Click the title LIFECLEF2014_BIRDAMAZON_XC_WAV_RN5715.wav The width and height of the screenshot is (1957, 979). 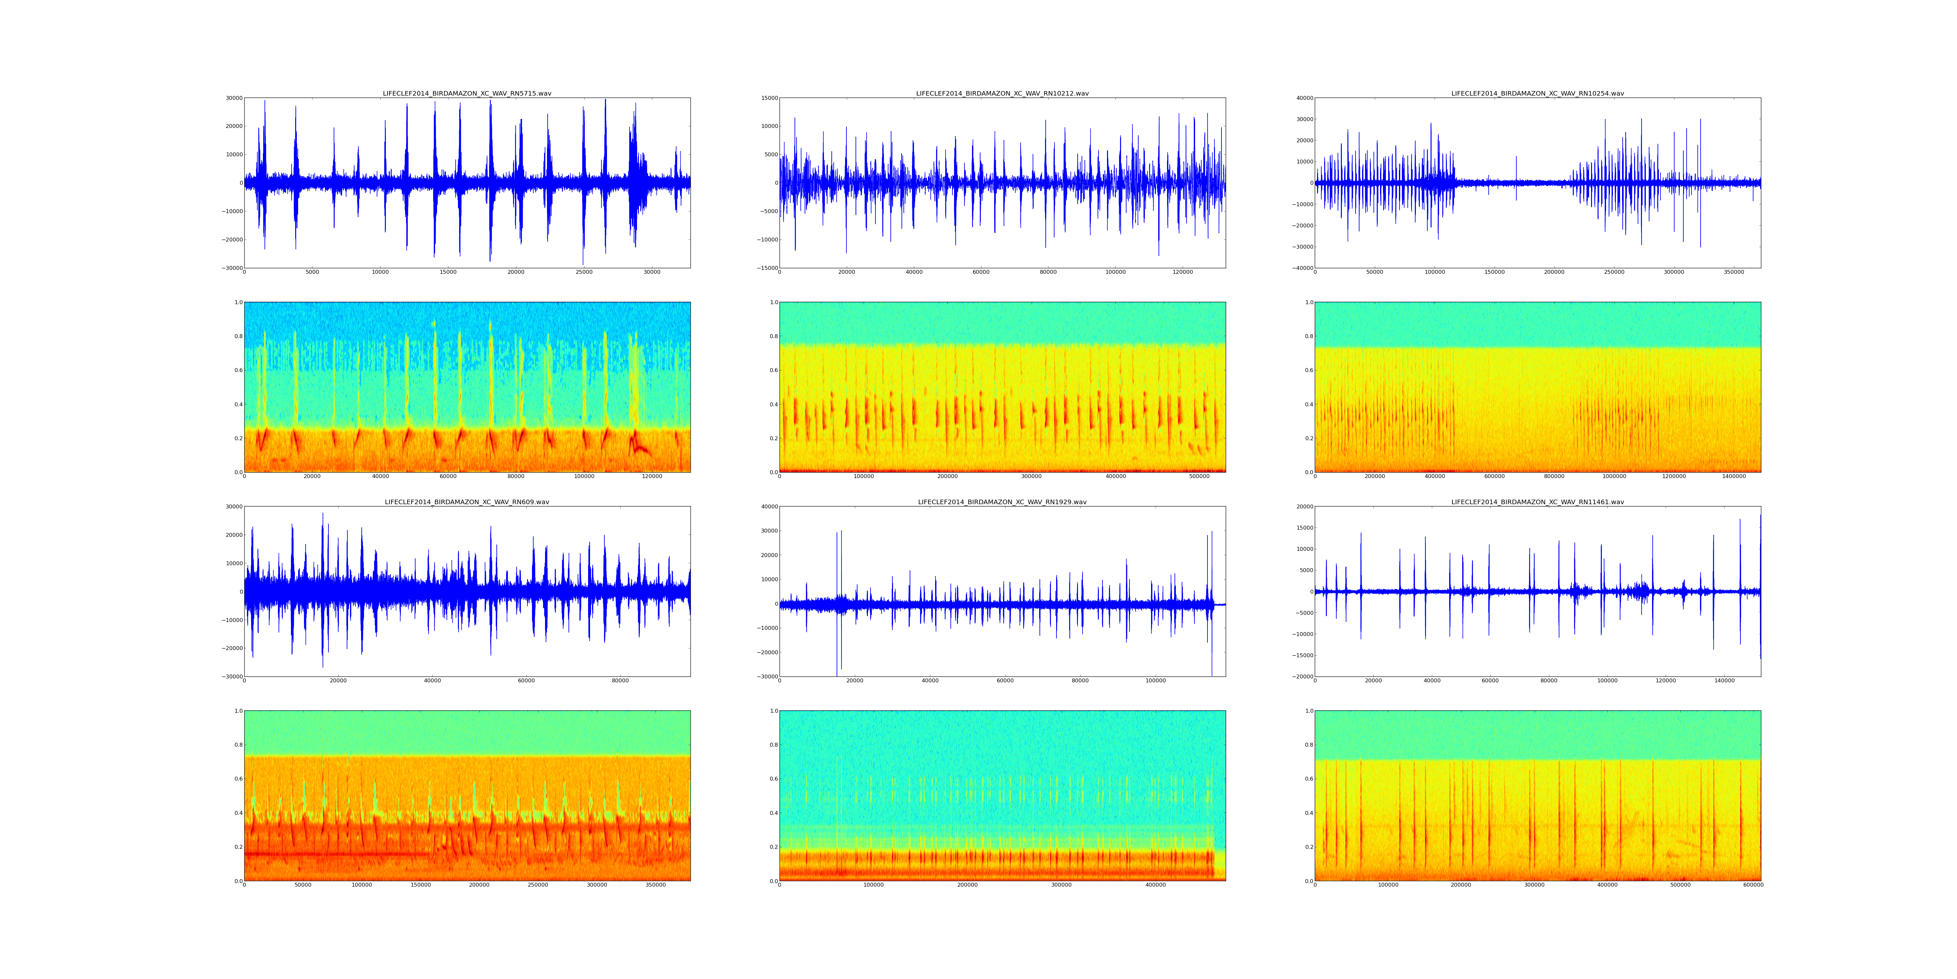coord(466,93)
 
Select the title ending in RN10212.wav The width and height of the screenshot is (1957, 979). coord(1002,93)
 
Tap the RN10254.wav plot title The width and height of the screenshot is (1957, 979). coord(1538,93)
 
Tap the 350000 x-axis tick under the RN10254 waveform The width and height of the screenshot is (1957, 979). coord(1734,272)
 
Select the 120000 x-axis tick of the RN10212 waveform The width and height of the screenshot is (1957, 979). coord(1183,272)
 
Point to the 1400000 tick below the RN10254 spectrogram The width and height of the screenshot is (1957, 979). coord(1734,476)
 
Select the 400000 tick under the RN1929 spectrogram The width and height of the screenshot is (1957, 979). coord(1155,885)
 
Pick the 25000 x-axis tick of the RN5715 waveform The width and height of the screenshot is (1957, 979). coord(584,272)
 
